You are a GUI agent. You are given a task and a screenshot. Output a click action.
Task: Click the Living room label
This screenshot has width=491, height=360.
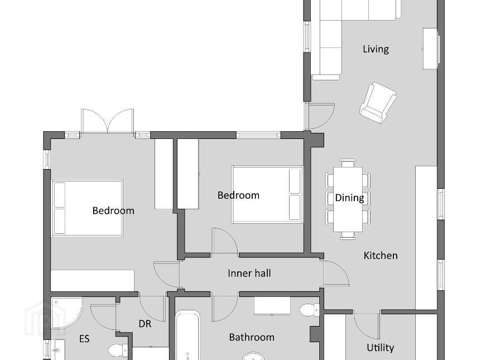pyautogui.click(x=376, y=49)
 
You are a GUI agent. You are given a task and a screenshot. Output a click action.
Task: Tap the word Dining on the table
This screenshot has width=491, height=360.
pyautogui.click(x=349, y=198)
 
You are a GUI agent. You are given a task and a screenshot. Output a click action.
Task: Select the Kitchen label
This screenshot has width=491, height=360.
pyautogui.click(x=381, y=256)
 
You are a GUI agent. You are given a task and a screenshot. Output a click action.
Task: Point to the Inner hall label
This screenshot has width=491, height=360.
pyautogui.click(x=249, y=273)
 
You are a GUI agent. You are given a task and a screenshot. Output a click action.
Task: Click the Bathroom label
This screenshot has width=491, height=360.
pyautogui.click(x=252, y=337)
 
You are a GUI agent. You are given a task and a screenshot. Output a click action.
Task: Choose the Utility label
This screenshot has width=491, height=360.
pyautogui.click(x=380, y=348)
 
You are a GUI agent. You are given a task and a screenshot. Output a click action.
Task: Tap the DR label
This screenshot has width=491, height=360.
pyautogui.click(x=145, y=324)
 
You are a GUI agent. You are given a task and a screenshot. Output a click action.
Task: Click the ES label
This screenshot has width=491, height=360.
pyautogui.click(x=84, y=339)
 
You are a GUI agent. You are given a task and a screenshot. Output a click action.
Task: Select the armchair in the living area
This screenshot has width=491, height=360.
pyautogui.click(x=378, y=103)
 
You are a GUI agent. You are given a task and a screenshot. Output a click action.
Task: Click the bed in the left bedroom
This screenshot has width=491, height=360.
pyautogui.click(x=87, y=208)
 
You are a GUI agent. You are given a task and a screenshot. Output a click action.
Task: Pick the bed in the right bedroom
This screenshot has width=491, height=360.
pyautogui.click(x=267, y=195)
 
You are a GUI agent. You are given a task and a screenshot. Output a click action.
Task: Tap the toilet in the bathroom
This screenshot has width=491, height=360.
pyautogui.click(x=309, y=310)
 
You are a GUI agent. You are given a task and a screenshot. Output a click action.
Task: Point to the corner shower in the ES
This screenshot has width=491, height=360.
pyautogui.click(x=66, y=313)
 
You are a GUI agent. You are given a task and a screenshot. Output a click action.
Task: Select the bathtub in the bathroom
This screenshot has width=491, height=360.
pyautogui.click(x=187, y=335)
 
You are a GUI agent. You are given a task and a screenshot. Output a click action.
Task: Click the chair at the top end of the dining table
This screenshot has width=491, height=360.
pyautogui.click(x=348, y=163)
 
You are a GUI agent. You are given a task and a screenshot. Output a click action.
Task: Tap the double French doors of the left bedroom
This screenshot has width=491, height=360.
pyautogui.click(x=107, y=121)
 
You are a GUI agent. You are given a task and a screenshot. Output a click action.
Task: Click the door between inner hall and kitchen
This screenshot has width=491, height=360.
pyautogui.click(x=336, y=272)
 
